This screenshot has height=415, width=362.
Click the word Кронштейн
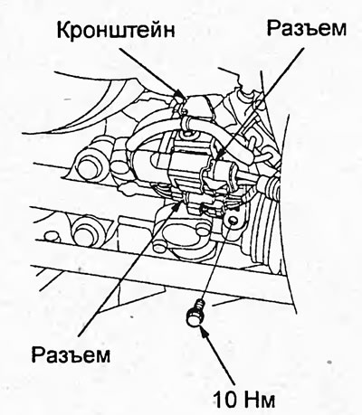pyautogui.click(x=116, y=31)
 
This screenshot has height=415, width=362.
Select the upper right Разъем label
pyautogui.click(x=307, y=28)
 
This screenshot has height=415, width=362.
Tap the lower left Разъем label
pyautogui.click(x=71, y=354)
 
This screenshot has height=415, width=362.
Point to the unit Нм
pyautogui.click(x=260, y=400)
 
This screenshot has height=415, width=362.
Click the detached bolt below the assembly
pyautogui.click(x=195, y=313)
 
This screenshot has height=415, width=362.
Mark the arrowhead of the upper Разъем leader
pyautogui.click(x=220, y=155)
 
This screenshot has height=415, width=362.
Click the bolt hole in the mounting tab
pyautogui.click(x=233, y=221)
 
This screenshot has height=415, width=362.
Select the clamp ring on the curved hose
pyautogui.click(x=186, y=124)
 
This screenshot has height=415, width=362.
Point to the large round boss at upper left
pyautogui.click(x=88, y=165)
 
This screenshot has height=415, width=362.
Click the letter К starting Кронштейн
pyautogui.click(x=64, y=31)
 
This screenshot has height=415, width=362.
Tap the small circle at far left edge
pyautogui.click(x=52, y=237)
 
